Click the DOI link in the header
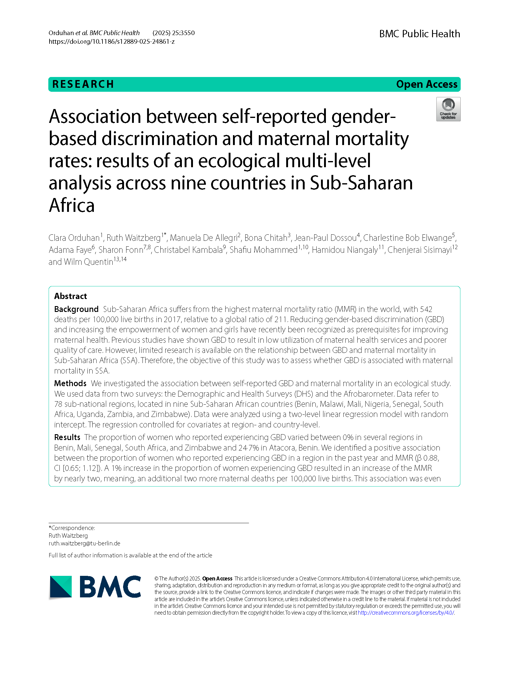pos(111,42)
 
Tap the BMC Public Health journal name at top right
pos(419,34)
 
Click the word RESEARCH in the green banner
pos(83,84)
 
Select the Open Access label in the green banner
pos(427,84)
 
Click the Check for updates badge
pos(448,109)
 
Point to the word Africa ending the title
pos(72,205)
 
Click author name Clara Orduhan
pos(74,238)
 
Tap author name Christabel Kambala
pos(188,250)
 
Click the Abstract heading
pos(70,296)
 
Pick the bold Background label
pos(76,309)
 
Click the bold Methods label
pos(70,383)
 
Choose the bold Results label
pos(67,437)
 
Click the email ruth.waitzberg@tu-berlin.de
pos(84,543)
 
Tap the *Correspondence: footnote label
pos(72,528)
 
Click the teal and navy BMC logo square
pos(61,587)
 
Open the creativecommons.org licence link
pos(406,612)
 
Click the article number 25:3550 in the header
pos(183,33)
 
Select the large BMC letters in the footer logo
pos(110,587)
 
